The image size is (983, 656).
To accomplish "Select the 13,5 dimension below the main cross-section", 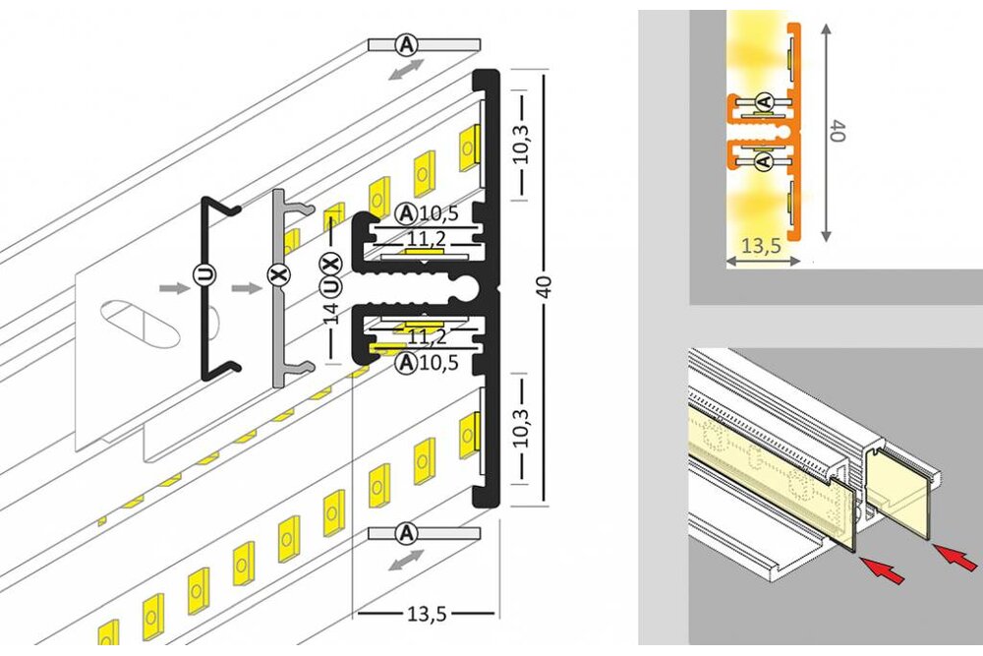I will (x=427, y=615).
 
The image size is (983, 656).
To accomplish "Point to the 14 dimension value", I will (x=331, y=313).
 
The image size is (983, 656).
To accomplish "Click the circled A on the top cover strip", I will (x=406, y=44).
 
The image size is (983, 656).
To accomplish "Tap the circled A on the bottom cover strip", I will (x=405, y=533).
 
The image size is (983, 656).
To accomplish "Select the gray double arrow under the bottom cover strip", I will (x=405, y=561).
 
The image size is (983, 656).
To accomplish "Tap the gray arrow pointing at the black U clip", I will (x=173, y=288).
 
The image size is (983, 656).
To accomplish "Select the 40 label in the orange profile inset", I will (x=838, y=132).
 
